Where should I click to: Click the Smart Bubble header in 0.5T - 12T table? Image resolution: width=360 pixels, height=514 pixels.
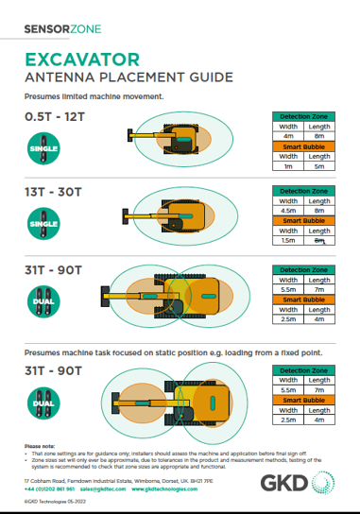click(305, 146)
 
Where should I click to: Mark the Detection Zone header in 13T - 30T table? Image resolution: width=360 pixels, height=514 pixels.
click(305, 191)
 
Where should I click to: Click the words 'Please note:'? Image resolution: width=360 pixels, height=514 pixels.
click(39, 444)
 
